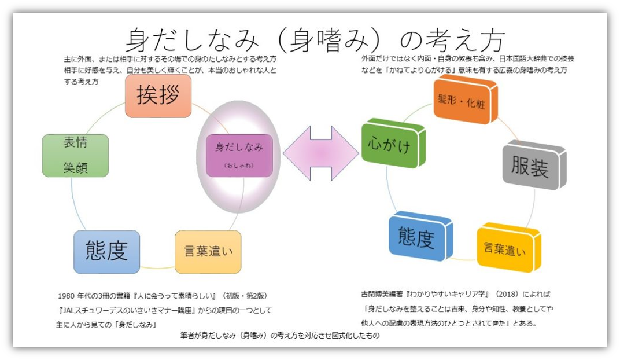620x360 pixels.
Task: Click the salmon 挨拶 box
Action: pyautogui.click(x=158, y=96)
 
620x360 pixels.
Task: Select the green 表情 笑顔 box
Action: pyautogui.click(x=75, y=155)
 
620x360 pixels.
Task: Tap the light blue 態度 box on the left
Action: pyautogui.click(x=106, y=251)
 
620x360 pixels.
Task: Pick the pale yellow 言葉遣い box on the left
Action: pyautogui.click(x=208, y=252)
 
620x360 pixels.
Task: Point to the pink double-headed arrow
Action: pyautogui.click(x=321, y=152)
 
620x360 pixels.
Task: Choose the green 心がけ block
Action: pyautogui.click(x=393, y=145)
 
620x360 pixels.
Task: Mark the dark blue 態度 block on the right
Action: pyautogui.click(x=420, y=237)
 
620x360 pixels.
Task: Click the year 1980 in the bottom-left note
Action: pyautogui.click(x=69, y=296)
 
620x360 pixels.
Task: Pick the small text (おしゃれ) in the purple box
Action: pyautogui.click(x=239, y=166)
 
